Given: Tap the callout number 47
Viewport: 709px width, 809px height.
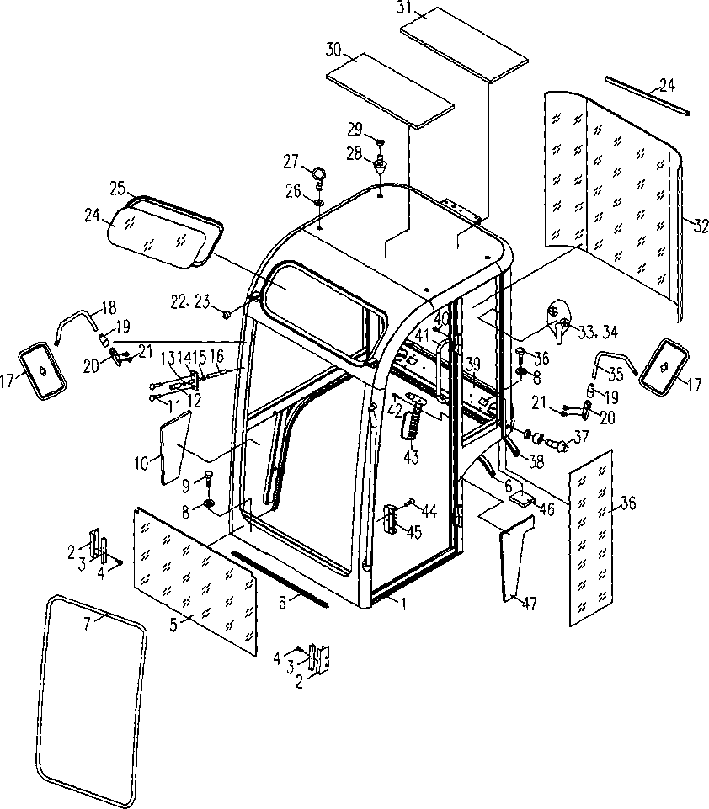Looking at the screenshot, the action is [530, 603].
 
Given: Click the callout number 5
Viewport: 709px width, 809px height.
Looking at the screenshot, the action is [173, 625].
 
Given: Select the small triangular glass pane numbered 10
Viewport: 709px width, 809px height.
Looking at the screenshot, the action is [174, 448].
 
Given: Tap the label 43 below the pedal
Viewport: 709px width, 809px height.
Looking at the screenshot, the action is [411, 456].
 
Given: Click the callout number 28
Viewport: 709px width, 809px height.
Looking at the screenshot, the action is [354, 154].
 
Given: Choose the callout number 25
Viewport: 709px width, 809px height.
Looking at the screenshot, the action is [118, 189].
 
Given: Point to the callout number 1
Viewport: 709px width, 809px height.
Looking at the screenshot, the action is [403, 603].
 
